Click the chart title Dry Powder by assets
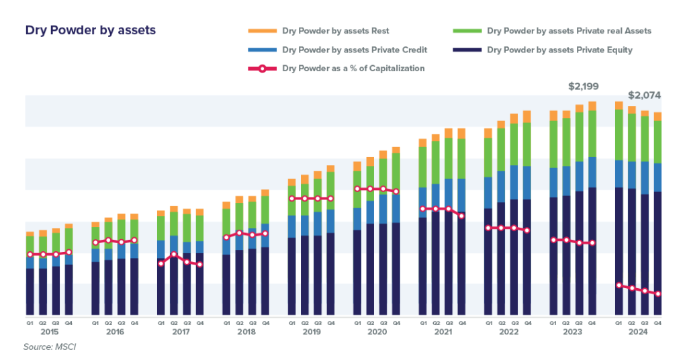pyautogui.click(x=91, y=31)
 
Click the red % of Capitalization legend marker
pyautogui.click(x=263, y=69)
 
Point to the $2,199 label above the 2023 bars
pyautogui.click(x=583, y=87)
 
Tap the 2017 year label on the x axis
pyautogui.click(x=181, y=332)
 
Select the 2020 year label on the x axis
pyautogui.click(x=377, y=332)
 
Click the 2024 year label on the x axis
pyautogui.click(x=639, y=332)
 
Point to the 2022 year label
pyautogui.click(x=508, y=332)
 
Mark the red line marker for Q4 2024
pyautogui.click(x=658, y=294)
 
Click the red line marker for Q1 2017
pyautogui.click(x=161, y=263)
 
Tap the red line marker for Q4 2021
pyautogui.click(x=461, y=216)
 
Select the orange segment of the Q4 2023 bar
pyautogui.click(x=592, y=105)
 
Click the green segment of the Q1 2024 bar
pyautogui.click(x=619, y=134)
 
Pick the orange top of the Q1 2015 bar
pyautogui.click(x=30, y=234)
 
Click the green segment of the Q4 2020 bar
pyautogui.click(x=396, y=169)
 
